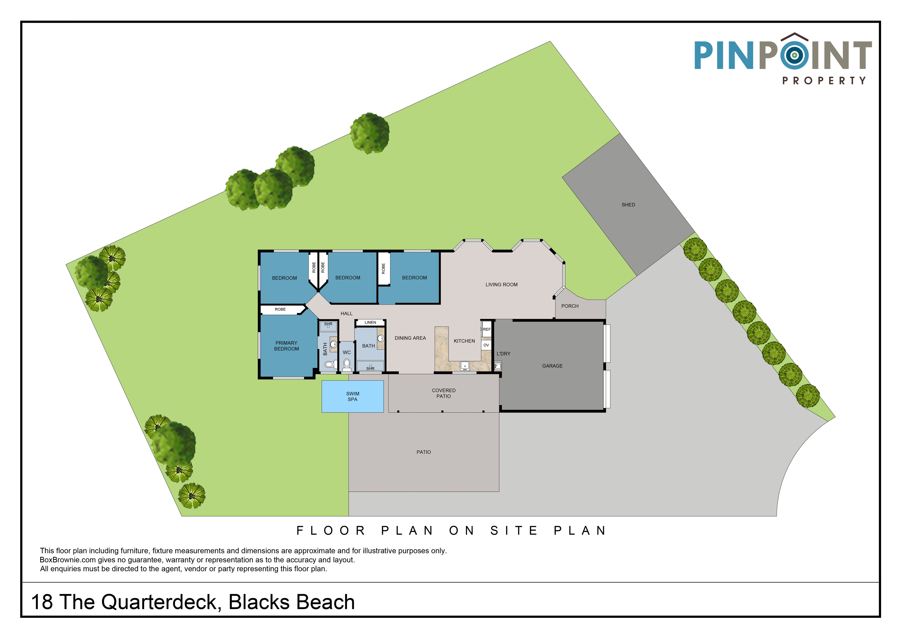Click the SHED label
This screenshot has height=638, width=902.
(628, 205)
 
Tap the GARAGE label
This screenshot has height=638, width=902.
(552, 366)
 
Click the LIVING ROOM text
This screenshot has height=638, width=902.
(501, 285)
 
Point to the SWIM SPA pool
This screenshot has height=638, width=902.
(352, 396)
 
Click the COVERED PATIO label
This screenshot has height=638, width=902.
(444, 393)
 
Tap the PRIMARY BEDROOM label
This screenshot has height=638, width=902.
(286, 346)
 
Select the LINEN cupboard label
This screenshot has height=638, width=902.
(370, 322)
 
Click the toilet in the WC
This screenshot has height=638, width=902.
(347, 365)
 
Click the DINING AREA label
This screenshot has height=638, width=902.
(410, 338)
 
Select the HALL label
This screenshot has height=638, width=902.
(347, 314)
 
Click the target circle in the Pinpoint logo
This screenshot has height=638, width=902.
(794, 55)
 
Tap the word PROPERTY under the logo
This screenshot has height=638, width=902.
(824, 81)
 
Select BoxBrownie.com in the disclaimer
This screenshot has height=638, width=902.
(68, 560)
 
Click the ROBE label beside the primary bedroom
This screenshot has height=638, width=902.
(280, 309)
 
